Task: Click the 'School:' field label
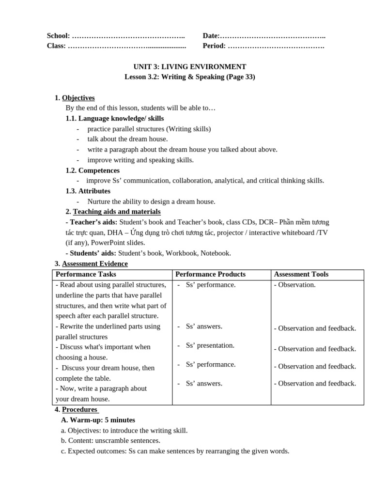58,36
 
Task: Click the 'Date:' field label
211,36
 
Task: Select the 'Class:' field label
56,46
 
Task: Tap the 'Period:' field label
214,46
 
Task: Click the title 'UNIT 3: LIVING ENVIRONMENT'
189,67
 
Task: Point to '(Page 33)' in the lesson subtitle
240,77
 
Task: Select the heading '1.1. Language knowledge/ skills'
114,118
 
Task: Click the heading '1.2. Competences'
92,170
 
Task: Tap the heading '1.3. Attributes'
88,191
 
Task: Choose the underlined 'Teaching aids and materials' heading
117,212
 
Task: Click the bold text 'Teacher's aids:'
91,222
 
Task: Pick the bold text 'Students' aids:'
91,253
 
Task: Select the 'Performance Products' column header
210,274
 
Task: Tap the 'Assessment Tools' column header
301,274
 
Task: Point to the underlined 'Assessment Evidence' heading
94,263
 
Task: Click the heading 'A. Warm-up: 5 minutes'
98,420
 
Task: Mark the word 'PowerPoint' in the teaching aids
107,243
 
